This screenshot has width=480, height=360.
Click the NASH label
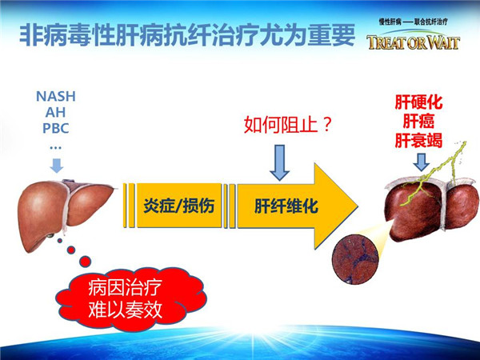click(56, 97)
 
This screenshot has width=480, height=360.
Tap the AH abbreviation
click(55, 112)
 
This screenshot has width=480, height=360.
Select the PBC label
click(56, 128)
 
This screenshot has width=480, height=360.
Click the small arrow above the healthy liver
click(57, 166)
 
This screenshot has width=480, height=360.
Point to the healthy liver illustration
click(66, 214)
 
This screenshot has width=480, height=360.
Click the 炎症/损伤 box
click(179, 206)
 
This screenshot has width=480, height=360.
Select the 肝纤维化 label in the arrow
click(286, 206)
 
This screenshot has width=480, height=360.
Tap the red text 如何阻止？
click(288, 125)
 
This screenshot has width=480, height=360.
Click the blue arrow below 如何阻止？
click(279, 163)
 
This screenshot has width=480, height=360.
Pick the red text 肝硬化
click(418, 102)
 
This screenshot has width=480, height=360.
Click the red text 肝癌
click(418, 122)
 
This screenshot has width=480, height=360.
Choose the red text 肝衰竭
click(418, 141)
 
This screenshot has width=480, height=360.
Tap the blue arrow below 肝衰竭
click(422, 162)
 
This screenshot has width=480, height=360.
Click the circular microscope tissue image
click(355, 259)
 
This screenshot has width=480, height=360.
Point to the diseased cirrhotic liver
click(432, 208)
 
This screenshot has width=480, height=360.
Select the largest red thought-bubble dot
click(85, 262)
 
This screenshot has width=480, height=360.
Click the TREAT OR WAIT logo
click(414, 42)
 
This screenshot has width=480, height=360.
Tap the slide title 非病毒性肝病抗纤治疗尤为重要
click(187, 35)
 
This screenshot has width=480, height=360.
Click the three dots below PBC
click(55, 149)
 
